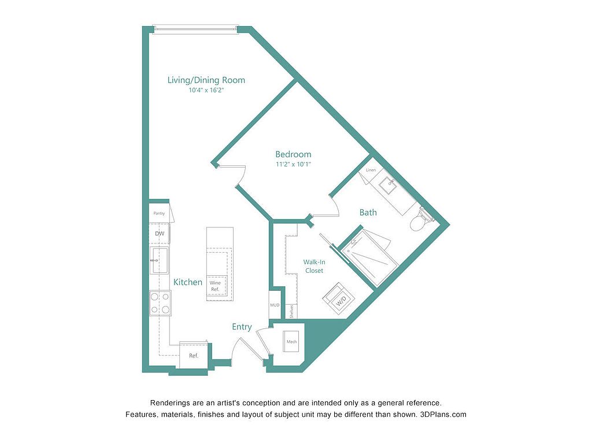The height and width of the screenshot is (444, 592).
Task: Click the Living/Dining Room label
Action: (x=206, y=80)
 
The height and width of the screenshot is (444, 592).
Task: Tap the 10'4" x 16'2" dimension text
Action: (x=206, y=90)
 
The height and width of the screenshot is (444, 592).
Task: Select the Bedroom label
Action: (x=293, y=154)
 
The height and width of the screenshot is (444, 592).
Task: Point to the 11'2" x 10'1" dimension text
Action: (x=293, y=164)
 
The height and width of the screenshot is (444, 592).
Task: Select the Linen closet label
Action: (x=371, y=171)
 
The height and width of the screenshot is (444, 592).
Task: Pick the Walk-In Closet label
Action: (x=314, y=266)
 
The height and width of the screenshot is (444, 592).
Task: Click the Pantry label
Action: (x=159, y=213)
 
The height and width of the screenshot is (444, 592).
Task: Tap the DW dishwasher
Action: (x=160, y=234)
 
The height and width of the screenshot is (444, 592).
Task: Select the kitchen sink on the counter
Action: (x=160, y=260)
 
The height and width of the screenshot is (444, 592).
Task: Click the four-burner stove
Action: (x=160, y=303)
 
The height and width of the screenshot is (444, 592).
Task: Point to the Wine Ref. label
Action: (x=215, y=286)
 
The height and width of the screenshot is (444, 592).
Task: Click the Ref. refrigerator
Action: (x=194, y=355)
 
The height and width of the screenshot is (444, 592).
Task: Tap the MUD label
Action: (x=275, y=305)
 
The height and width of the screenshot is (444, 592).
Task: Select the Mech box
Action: (x=291, y=342)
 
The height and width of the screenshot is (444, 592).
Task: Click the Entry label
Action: (x=242, y=327)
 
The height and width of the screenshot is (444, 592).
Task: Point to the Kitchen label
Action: (x=188, y=282)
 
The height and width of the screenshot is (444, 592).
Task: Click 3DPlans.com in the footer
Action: (x=443, y=414)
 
